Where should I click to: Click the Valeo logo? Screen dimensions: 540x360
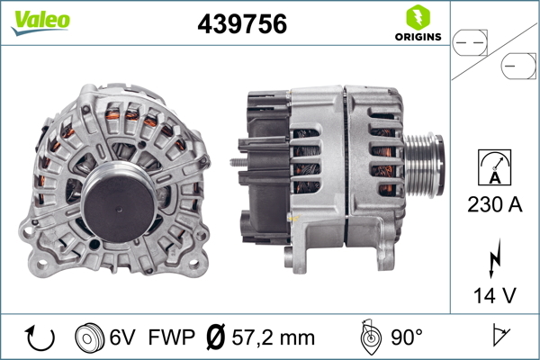(x=40, y=22)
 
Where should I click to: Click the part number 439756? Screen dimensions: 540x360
(x=242, y=23)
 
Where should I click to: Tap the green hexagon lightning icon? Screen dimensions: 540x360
(x=418, y=17)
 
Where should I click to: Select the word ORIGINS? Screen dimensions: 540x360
(x=418, y=37)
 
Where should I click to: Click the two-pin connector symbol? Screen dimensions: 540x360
(x=470, y=43)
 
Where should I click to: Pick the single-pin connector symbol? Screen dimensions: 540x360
(x=518, y=66)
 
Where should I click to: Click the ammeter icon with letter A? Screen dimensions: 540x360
(x=494, y=167)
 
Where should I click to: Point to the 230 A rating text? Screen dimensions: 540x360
(x=494, y=204)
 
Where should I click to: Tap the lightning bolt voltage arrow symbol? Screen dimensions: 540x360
(x=494, y=258)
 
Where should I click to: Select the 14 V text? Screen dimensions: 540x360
(x=494, y=295)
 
